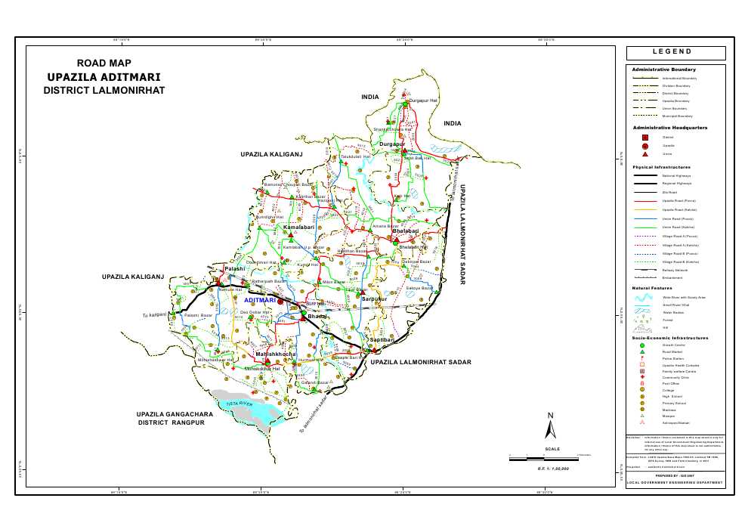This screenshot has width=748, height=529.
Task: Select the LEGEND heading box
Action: click(x=676, y=52)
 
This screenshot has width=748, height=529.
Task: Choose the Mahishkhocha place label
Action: click(x=275, y=354)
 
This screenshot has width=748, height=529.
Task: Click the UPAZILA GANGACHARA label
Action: click(x=175, y=415)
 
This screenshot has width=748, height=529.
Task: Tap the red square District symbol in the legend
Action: click(x=644, y=137)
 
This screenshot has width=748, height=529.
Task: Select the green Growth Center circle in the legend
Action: click(x=642, y=345)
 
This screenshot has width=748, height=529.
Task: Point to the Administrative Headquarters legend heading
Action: click(x=669, y=128)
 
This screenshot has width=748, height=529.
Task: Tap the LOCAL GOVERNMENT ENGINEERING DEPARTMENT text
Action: click(x=675, y=481)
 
